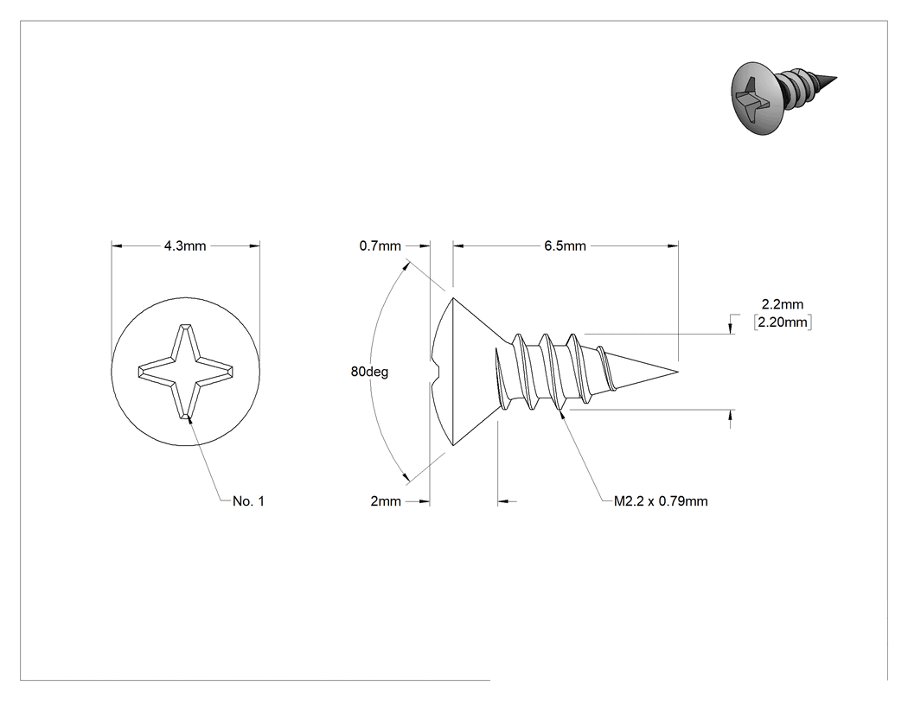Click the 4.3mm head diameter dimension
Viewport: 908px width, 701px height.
[185, 246]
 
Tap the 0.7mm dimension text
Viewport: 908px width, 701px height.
[380, 246]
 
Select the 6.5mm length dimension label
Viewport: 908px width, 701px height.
[565, 246]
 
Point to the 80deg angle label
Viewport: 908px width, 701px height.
[369, 372]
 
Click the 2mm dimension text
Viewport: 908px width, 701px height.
[386, 501]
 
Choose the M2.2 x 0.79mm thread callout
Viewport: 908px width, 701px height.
[661, 501]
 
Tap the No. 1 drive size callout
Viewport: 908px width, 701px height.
[248, 501]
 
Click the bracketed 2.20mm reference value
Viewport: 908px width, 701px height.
[783, 322]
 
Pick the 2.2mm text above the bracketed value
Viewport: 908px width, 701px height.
[783, 304]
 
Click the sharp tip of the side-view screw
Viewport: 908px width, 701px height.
[678, 372]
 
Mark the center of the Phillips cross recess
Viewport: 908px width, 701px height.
[185, 371]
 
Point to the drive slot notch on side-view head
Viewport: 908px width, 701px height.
[436, 371]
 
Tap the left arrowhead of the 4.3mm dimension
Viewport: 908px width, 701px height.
[117, 246]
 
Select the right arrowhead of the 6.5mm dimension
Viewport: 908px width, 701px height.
[673, 246]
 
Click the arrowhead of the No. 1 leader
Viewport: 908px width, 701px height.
[189, 419]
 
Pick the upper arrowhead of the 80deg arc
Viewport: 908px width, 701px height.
[407, 267]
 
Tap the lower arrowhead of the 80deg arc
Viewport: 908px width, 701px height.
[406, 476]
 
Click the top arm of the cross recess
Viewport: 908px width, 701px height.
[185, 342]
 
